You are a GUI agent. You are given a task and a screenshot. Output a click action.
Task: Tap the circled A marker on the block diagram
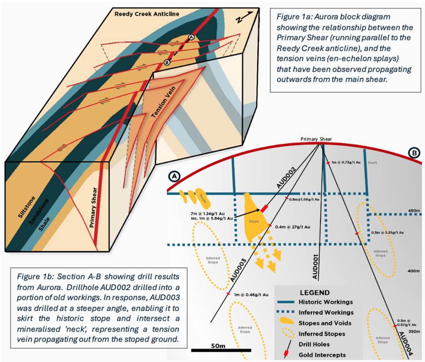click(x=191, y=37)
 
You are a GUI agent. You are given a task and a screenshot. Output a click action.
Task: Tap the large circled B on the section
click(x=414, y=154)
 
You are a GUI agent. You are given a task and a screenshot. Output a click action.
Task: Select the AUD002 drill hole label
click(x=287, y=178)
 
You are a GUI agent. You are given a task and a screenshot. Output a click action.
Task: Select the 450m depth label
click(x=413, y=211)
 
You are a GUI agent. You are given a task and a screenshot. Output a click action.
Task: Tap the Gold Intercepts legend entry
click(x=321, y=354)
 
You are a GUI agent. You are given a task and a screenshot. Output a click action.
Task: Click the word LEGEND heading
click(x=315, y=292)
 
